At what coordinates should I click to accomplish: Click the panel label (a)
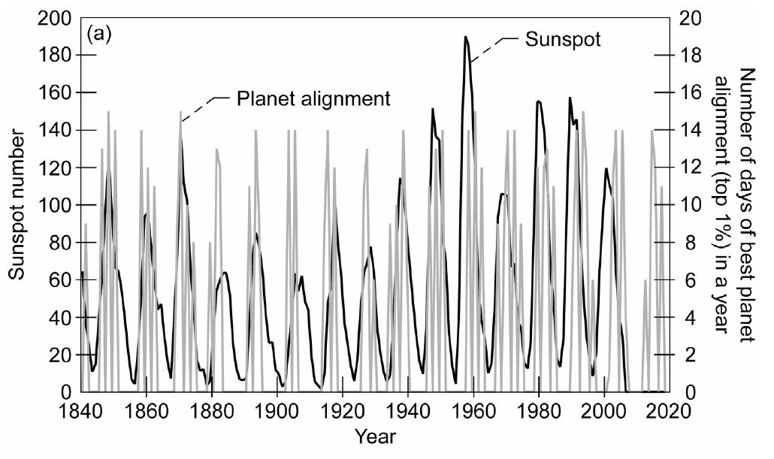[100, 35]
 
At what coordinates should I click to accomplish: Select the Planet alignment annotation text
[314, 98]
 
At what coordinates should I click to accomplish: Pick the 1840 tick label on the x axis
[80, 411]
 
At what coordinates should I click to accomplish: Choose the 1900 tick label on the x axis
[277, 411]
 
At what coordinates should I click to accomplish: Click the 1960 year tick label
[473, 411]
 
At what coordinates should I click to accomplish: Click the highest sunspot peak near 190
[466, 37]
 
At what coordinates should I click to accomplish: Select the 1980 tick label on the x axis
[539, 411]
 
